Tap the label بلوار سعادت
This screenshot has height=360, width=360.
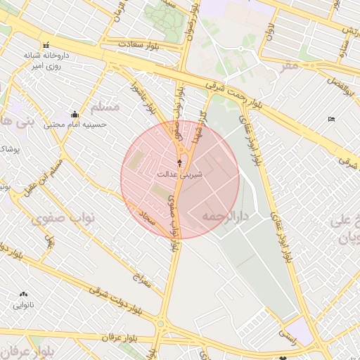(x=138, y=44)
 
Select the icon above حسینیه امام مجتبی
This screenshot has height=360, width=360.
(x=75, y=114)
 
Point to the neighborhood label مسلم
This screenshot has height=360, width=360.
(x=107, y=107)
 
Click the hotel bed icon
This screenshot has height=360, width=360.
(x=332, y=119)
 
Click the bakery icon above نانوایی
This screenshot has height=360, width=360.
(x=25, y=295)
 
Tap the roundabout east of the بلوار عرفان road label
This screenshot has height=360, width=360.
(x=162, y=324)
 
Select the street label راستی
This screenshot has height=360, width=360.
(x=287, y=337)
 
